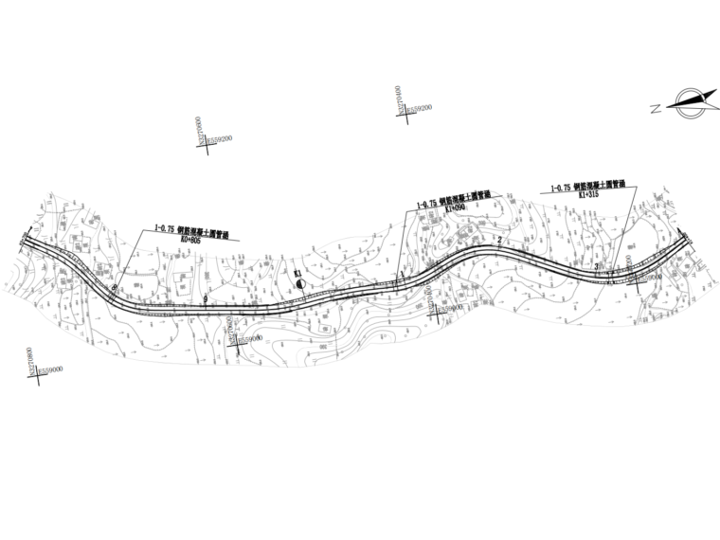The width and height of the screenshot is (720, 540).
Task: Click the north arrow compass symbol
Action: (x=691, y=102)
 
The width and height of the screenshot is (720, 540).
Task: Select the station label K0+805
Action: (x=191, y=241)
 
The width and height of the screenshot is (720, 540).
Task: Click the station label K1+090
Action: (x=456, y=208)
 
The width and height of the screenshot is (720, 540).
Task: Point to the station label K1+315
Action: (x=587, y=194)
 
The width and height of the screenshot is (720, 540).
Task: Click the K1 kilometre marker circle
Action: (x=299, y=282)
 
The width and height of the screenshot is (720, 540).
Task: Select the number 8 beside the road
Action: (x=114, y=288)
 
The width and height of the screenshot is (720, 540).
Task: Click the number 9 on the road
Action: (x=205, y=299)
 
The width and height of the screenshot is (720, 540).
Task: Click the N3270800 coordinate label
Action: (x=35, y=361)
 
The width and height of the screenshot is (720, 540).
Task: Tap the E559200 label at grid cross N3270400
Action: (x=417, y=110)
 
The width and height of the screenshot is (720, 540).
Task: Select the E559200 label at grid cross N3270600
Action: (x=220, y=140)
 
